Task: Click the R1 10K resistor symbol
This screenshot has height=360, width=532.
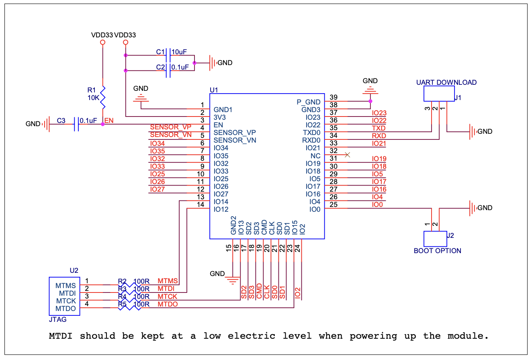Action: click(103, 97)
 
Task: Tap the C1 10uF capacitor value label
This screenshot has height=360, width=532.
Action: click(179, 52)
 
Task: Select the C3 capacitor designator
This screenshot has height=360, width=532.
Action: click(61, 120)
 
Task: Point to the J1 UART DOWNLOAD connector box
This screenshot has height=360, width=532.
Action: click(438, 95)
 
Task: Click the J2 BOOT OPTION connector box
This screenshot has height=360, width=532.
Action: click(435, 239)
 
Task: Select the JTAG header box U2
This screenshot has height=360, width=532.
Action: click(64, 297)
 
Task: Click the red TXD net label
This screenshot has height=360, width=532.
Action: click(379, 128)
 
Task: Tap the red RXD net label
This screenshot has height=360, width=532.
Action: click(379, 136)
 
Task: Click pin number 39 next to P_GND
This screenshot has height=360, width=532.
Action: click(333, 97)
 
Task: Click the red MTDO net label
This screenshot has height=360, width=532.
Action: click(168, 304)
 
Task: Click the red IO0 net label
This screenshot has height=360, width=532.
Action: click(377, 205)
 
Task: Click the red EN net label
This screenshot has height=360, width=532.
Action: click(108, 120)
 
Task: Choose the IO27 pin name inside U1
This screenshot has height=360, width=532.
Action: click(221, 194)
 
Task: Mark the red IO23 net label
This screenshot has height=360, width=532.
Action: click(379, 113)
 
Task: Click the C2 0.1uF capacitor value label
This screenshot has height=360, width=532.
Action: click(180, 67)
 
